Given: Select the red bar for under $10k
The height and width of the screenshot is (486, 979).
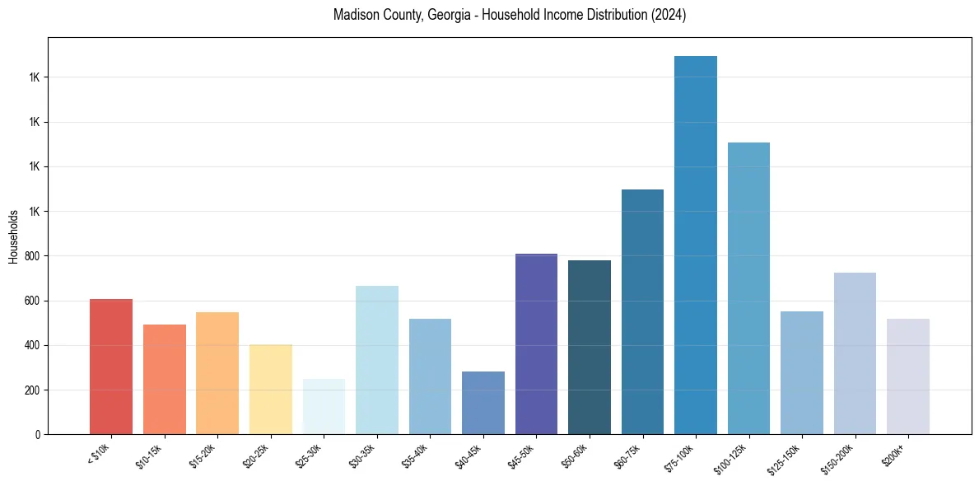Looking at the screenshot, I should [111, 367].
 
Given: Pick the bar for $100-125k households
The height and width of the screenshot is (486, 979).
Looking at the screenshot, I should [748, 288].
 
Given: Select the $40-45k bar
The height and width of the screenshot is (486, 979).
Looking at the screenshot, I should [483, 403].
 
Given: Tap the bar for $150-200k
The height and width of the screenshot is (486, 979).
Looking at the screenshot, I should [855, 353].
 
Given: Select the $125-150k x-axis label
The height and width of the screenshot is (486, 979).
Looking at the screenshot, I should [785, 456].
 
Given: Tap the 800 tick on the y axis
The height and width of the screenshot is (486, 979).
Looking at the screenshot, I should [31, 256].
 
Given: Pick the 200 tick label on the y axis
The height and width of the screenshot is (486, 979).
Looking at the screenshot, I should [31, 390].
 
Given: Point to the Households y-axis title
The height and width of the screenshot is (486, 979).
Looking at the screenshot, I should [13, 236].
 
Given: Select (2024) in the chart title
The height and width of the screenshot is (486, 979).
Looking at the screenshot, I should [668, 15].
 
